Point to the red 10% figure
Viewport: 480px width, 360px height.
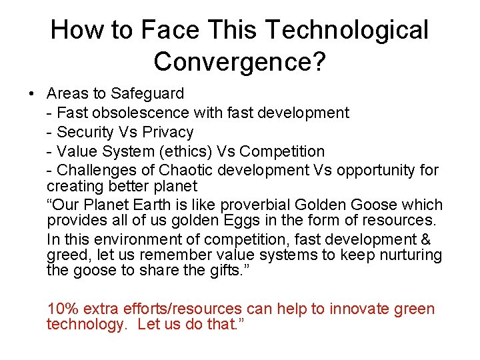61,309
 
